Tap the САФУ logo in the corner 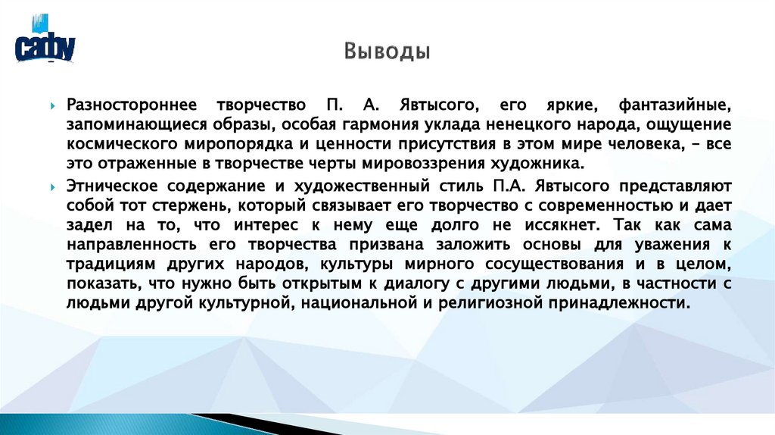click(45, 46)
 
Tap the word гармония click(381, 124)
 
